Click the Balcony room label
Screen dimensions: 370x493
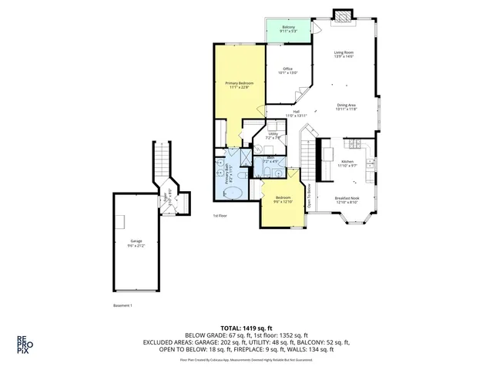pos(289,29)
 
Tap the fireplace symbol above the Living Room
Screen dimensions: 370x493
pos(342,16)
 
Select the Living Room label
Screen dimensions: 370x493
pos(344,55)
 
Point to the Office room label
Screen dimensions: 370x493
pos(287,71)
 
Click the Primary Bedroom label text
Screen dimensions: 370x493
pos(240,85)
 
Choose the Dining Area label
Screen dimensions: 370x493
pos(346,107)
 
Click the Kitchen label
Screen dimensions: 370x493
pos(348,163)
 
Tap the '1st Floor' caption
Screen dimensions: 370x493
pos(221,216)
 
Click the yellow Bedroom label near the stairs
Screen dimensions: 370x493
pos(281,200)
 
